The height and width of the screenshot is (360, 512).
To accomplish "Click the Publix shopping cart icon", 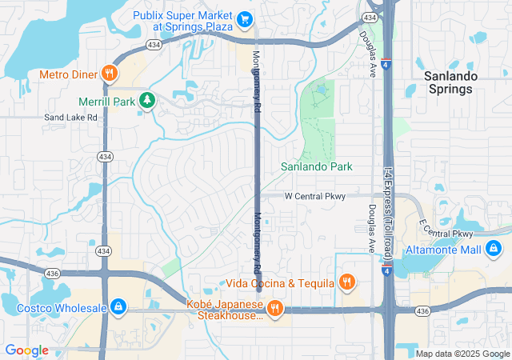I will pyautogui.click(x=246, y=18).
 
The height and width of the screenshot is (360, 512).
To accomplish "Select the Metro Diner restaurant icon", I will pyautogui.click(x=110, y=74).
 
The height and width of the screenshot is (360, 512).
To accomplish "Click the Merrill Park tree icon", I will pyautogui.click(x=146, y=100).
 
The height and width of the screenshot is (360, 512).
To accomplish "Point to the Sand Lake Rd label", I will pyautogui.click(x=70, y=118).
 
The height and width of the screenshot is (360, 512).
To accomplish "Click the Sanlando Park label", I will pyautogui.click(x=316, y=166).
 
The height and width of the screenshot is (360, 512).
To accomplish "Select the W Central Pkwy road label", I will pyautogui.click(x=314, y=196).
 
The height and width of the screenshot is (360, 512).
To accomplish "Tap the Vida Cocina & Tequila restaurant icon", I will pyautogui.click(x=346, y=282).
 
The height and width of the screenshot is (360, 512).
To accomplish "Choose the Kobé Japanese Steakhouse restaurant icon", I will pyautogui.click(x=274, y=308).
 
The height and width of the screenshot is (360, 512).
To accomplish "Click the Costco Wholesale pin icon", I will pyautogui.click(x=118, y=306).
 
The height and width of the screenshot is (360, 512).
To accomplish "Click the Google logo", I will pyautogui.click(x=27, y=350).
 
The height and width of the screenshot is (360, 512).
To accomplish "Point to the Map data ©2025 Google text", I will pyautogui.click(x=462, y=354).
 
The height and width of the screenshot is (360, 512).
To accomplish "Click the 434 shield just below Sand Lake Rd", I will pyautogui.click(x=104, y=158).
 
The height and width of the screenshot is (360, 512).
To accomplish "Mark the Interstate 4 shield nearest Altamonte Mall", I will pyautogui.click(x=386, y=272).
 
